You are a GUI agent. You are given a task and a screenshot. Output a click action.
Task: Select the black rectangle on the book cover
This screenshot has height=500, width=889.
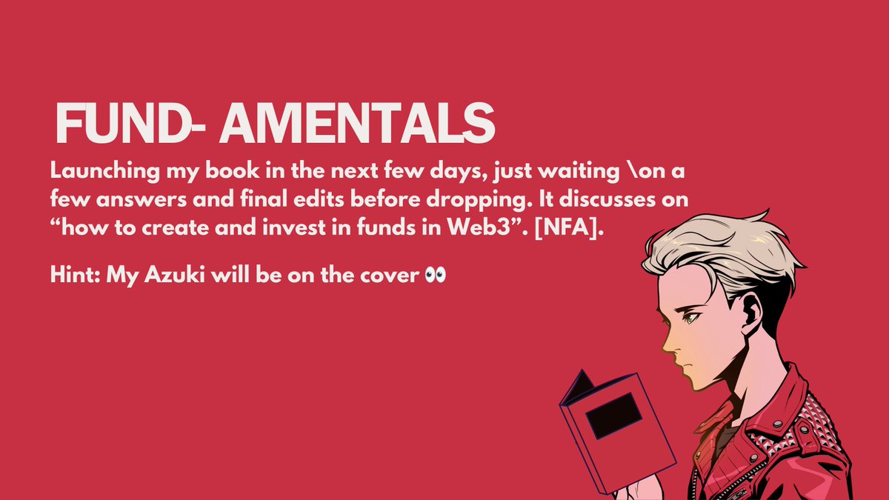[x=613, y=415]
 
